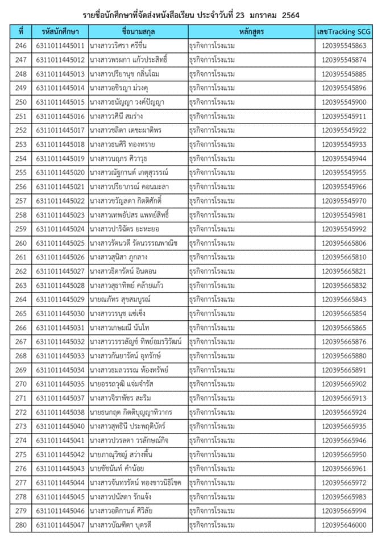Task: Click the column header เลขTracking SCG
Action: [343, 32]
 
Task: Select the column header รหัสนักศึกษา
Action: [60, 32]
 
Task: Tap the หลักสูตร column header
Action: [251, 32]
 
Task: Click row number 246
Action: [21, 46]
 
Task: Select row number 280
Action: [21, 525]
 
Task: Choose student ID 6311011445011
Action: [60, 46]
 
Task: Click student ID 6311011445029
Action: [60, 300]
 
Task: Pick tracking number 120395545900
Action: [343, 102]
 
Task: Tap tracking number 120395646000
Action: [343, 525]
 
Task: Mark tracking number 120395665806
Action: [343, 243]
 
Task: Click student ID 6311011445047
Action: [60, 525]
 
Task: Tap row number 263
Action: [21, 286]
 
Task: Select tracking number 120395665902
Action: [343, 384]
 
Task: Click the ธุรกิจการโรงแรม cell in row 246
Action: [212, 46]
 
